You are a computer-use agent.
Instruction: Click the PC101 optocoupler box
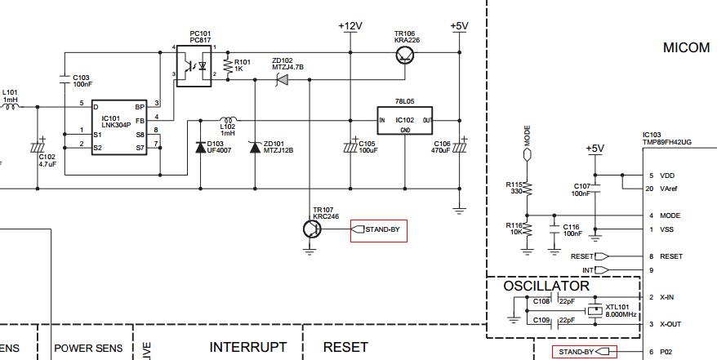194,66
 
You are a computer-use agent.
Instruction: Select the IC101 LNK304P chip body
119,127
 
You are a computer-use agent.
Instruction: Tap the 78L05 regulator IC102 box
405,121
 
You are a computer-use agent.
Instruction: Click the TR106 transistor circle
405,55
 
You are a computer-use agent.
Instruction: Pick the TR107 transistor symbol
312,229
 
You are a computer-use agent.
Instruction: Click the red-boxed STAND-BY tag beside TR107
379,231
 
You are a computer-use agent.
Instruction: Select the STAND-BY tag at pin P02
585,352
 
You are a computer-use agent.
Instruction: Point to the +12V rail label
350,26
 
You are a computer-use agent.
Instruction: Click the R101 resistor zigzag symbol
227,66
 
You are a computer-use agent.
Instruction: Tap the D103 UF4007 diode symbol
200,147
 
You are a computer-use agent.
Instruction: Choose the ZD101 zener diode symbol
255,147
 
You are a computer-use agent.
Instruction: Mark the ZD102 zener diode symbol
283,80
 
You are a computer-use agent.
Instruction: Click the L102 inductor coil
228,119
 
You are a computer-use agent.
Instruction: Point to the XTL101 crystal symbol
595,311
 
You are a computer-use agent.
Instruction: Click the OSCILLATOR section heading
546,286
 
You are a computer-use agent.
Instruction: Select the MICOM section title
686,47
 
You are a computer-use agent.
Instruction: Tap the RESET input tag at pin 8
590,257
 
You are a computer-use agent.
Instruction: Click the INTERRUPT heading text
247,347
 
